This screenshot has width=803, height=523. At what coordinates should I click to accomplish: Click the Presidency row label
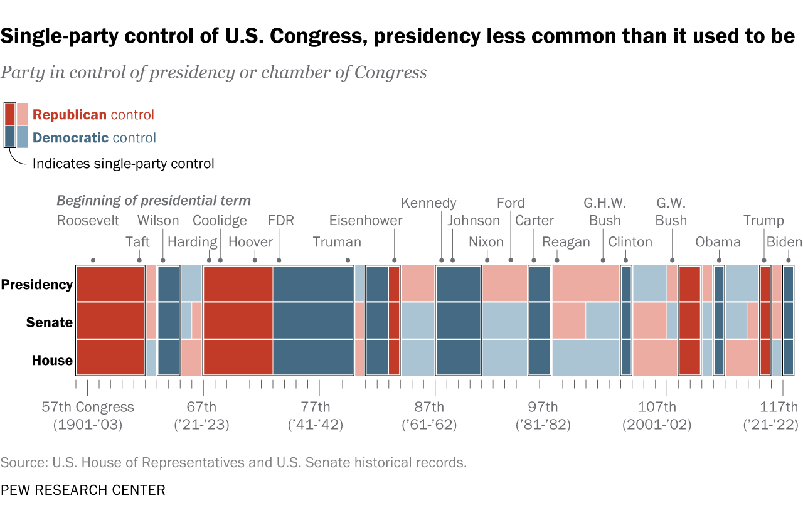pyautogui.click(x=37, y=285)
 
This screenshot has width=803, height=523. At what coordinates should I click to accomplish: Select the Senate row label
pyautogui.click(x=50, y=323)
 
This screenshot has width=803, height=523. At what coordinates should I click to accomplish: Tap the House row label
pyautogui.click(x=52, y=361)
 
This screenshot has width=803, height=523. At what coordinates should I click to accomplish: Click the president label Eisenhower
pyautogui.click(x=366, y=221)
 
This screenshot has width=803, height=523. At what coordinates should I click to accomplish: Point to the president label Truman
pyautogui.click(x=337, y=242)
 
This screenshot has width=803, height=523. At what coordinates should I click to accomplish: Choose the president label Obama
pyautogui.click(x=718, y=242)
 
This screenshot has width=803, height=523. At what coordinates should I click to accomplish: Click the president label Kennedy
pyautogui.click(x=428, y=203)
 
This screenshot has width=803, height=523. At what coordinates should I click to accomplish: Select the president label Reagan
pyautogui.click(x=566, y=242)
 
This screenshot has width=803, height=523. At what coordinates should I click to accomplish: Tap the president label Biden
pyautogui.click(x=784, y=242)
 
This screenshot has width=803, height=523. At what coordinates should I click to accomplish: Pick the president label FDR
pyautogui.click(x=280, y=221)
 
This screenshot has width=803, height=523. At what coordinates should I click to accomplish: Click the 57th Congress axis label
pyautogui.click(x=88, y=406)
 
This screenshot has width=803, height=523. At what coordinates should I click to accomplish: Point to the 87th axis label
pyautogui.click(x=429, y=406)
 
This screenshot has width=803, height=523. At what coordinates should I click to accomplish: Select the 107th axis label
pyautogui.click(x=657, y=406)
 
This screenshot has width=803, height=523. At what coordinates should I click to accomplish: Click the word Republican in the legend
pyautogui.click(x=70, y=115)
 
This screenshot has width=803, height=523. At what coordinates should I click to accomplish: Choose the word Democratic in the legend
pyautogui.click(x=71, y=138)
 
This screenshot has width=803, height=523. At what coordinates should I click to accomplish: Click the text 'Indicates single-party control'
pyautogui.click(x=123, y=164)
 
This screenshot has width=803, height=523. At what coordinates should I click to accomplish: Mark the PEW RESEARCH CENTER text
pyautogui.click(x=83, y=490)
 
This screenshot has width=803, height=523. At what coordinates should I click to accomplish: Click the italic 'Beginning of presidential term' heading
pyautogui.click(x=154, y=201)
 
